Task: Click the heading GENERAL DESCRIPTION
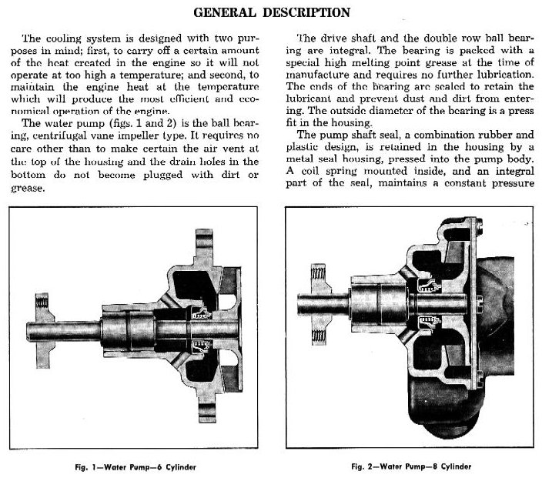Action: click(271, 12)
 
